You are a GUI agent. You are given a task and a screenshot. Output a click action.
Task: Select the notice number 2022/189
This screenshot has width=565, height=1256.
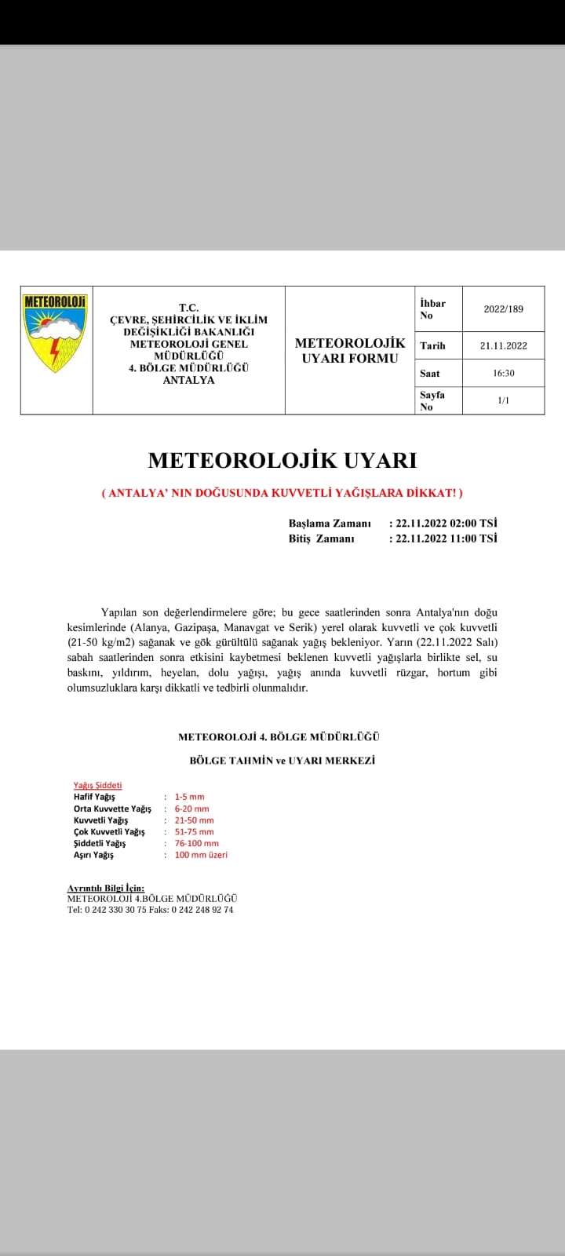click(x=503, y=309)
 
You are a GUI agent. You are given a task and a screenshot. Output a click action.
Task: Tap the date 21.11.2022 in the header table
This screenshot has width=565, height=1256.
click(x=503, y=345)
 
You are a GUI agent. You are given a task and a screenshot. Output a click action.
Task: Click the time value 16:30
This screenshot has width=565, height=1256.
click(x=503, y=374)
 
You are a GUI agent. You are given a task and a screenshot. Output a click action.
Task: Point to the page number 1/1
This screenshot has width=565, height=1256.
click(x=503, y=400)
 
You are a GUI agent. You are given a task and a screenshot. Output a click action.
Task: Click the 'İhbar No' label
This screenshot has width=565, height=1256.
click(x=432, y=309)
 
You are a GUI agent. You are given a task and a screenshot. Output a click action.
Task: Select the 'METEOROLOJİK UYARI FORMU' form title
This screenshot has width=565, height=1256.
click(x=350, y=351)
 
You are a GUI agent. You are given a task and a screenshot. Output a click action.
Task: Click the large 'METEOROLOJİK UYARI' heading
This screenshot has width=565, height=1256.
click(x=282, y=460)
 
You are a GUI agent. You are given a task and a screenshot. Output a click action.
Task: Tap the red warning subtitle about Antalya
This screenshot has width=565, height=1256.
click(x=282, y=493)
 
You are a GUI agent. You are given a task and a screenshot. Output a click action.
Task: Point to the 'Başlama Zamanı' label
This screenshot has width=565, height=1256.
click(x=329, y=523)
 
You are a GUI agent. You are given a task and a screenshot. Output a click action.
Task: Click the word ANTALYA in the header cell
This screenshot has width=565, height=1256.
click(x=188, y=381)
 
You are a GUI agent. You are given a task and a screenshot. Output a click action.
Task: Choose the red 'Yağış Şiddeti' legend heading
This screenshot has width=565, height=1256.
click(x=97, y=785)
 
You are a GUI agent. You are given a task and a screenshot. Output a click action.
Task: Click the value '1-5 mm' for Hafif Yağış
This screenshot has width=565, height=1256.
click(x=189, y=797)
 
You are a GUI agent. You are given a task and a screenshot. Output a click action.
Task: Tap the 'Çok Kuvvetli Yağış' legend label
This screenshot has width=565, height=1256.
click(x=109, y=831)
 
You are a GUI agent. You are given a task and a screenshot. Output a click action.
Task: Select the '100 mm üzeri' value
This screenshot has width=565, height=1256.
click(x=201, y=855)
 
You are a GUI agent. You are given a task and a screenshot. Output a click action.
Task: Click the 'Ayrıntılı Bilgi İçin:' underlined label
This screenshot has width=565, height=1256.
click(x=106, y=888)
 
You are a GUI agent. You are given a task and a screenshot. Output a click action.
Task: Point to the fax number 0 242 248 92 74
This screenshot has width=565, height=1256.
click(x=202, y=910)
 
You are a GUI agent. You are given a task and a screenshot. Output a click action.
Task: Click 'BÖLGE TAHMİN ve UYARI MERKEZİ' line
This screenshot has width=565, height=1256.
click(x=282, y=761)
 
